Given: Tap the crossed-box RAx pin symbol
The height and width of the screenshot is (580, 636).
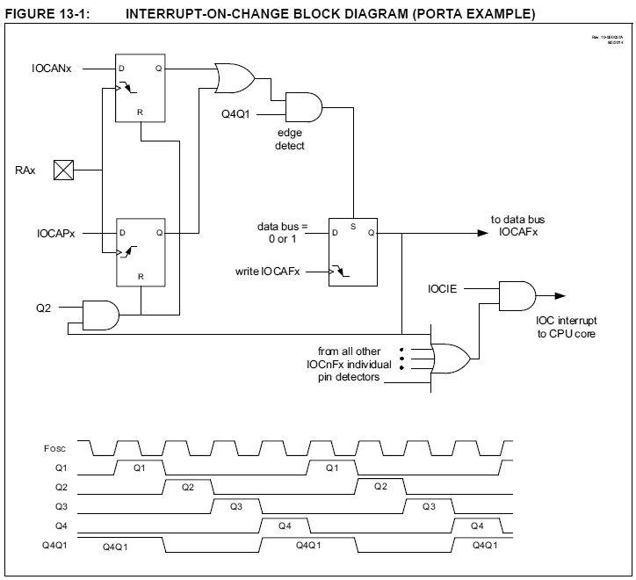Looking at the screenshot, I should pyautogui.click(x=65, y=170).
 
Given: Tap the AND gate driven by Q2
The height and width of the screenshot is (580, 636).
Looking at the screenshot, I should pyautogui.click(x=100, y=313).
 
